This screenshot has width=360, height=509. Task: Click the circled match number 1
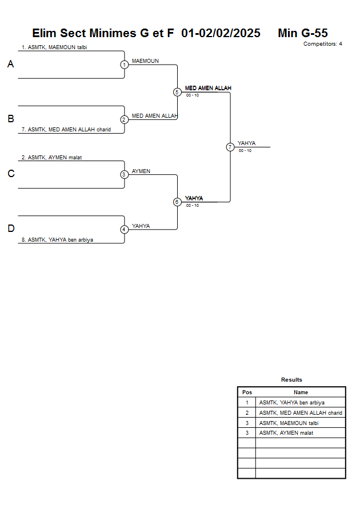124,65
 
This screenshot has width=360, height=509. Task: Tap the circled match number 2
124,119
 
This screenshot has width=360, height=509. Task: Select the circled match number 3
124,174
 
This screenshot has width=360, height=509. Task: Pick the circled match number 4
124,229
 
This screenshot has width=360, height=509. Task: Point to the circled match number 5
177,92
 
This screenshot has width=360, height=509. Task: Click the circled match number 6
177,202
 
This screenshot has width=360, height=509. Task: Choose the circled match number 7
230,147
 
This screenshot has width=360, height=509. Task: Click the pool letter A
10,65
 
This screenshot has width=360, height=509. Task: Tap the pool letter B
10,119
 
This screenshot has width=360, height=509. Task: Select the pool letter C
10,174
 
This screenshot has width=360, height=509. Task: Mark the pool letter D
10,229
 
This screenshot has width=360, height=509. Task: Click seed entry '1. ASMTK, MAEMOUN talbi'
54,47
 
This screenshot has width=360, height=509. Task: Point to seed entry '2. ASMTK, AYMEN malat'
51,157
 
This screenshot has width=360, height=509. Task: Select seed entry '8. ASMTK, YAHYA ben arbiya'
57,240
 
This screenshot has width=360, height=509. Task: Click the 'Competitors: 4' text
323,44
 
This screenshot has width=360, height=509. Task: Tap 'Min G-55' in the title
302,33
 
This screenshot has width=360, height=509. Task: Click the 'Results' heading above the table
291,379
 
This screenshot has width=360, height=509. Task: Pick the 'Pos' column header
247,392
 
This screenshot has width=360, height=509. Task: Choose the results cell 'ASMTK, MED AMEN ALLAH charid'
301,412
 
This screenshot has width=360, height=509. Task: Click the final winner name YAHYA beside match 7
247,143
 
